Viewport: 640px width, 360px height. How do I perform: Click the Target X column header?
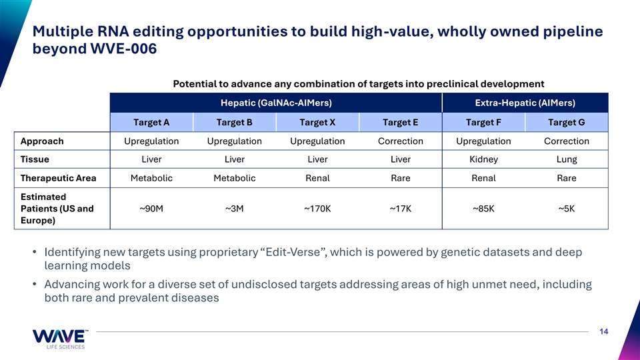click(317, 123)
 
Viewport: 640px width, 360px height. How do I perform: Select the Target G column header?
click(567, 123)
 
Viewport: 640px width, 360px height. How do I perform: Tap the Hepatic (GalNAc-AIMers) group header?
click(276, 103)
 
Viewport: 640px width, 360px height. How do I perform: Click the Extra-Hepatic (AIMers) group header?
click(525, 103)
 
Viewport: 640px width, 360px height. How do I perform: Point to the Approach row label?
click(42, 141)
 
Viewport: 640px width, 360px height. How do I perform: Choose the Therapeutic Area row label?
click(59, 179)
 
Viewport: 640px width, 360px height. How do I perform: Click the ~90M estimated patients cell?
click(151, 209)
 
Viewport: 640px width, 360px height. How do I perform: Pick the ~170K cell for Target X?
click(317, 209)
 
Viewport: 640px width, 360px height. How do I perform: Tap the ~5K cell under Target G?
click(567, 209)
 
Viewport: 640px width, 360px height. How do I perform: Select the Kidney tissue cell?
click(484, 159)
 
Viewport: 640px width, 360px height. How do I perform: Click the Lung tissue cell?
click(567, 159)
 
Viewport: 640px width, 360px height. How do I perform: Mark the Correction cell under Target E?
click(401, 141)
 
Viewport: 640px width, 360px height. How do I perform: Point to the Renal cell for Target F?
click(484, 179)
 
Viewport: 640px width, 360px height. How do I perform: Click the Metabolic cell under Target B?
click(235, 179)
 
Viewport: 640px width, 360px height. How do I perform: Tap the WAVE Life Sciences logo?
click(59, 339)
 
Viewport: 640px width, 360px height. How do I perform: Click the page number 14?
click(604, 332)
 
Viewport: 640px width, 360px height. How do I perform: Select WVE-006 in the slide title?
click(123, 49)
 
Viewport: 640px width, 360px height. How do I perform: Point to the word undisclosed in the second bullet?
click(259, 285)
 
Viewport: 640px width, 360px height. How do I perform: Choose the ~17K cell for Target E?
click(401, 209)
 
